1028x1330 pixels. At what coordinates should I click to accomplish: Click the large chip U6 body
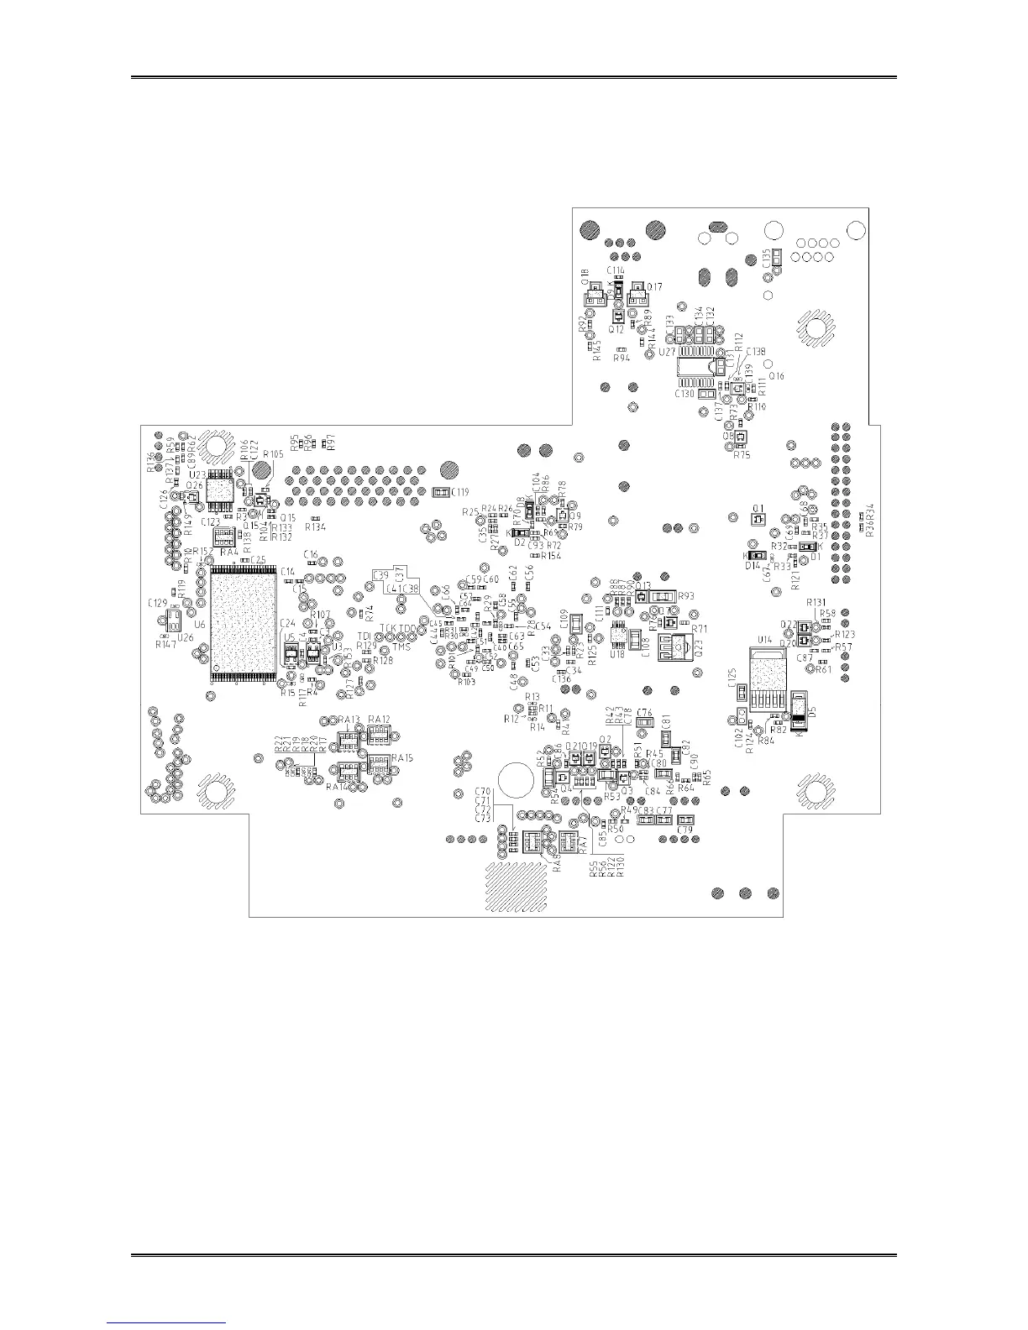point(244,622)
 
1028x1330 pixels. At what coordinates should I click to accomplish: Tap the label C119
point(459,492)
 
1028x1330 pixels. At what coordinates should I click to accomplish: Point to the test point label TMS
point(401,647)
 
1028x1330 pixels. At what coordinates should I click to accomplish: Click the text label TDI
point(365,636)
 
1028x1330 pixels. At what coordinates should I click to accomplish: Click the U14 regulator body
point(764,672)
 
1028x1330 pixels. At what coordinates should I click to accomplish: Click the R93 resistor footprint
point(664,596)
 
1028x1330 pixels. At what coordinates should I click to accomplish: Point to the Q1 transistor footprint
point(757,519)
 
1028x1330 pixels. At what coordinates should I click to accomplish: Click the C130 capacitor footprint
point(708,392)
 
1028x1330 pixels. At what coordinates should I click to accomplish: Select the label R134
point(316,527)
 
